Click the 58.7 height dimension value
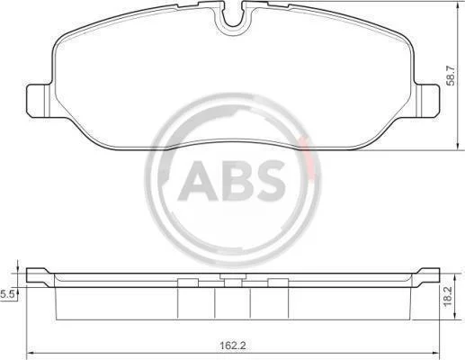point(451,76)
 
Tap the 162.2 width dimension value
point(233,346)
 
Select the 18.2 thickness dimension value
point(448,296)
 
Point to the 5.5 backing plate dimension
point(6,294)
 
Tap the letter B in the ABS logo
point(237,181)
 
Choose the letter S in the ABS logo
point(269,181)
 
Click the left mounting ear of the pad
point(39,101)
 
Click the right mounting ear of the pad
point(427,101)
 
